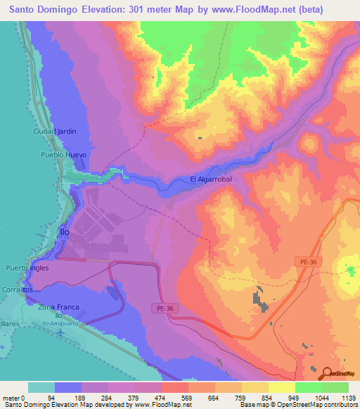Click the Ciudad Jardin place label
coord(55,131)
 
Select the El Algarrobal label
coord(211,180)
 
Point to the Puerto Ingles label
coord(28,268)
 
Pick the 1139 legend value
coord(349,398)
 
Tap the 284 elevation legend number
coord(108,398)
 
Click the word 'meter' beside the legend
coord(10,398)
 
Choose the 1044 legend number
coord(322,398)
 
